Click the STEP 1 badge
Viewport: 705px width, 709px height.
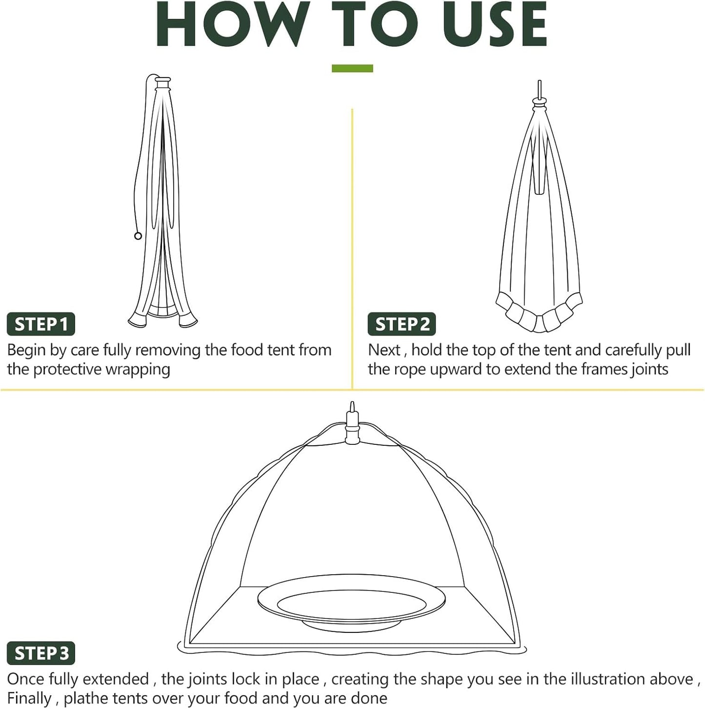41,324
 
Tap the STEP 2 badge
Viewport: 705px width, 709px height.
402,324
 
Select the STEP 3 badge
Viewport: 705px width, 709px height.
41,653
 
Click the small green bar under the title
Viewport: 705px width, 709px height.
352,68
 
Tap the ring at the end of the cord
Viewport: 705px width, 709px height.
138,236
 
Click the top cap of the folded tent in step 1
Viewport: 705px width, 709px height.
162,80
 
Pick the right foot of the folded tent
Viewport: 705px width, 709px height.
188,321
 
